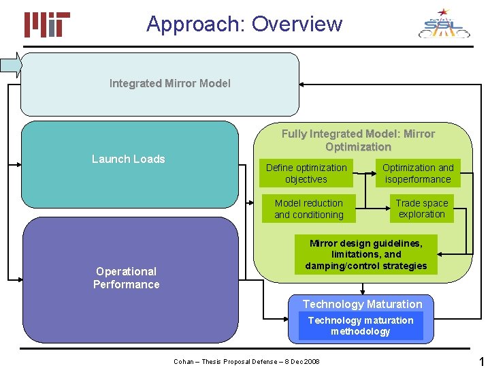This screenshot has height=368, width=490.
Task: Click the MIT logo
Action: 47,25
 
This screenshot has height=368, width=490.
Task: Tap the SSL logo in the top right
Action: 443,24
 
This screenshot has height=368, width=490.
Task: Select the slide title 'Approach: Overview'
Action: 244,24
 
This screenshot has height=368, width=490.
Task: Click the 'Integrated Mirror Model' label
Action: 169,83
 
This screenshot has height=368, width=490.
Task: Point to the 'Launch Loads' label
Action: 129,159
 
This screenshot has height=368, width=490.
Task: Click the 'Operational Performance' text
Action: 127,278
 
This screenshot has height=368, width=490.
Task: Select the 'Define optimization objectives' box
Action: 306,174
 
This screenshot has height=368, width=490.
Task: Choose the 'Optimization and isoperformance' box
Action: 418,174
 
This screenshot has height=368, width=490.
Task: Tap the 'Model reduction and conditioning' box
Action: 308,209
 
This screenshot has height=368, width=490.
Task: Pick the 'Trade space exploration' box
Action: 422,209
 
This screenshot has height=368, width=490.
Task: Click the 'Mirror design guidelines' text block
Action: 365,255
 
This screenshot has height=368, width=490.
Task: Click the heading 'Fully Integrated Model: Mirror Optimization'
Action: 358,140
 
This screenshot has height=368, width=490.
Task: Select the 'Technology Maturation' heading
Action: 362,304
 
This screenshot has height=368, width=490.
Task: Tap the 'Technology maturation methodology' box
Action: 361,326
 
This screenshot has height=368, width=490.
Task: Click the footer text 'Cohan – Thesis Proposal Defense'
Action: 246,361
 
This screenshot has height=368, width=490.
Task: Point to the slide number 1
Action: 481,361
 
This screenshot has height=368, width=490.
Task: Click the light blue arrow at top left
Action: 12,65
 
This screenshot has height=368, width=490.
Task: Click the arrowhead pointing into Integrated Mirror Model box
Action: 304,84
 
